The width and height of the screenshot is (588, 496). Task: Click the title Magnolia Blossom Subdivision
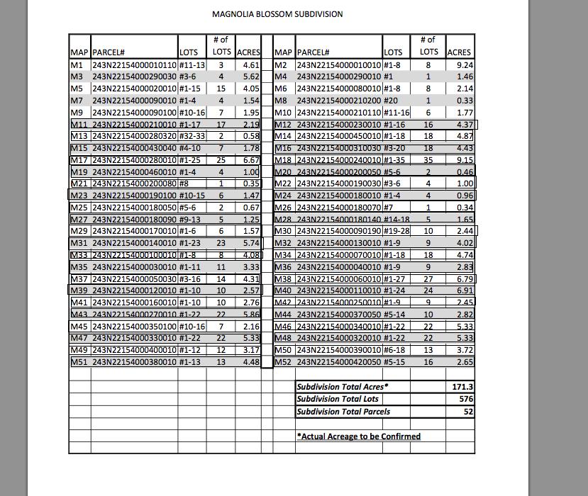[x=277, y=13]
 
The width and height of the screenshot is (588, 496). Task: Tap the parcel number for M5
[x=134, y=89]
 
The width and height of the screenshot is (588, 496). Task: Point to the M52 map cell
[x=283, y=362]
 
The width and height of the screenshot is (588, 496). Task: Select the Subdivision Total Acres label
[x=342, y=387]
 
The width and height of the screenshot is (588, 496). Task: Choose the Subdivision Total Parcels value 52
[x=468, y=411]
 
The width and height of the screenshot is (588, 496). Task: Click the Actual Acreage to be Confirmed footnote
[x=358, y=436]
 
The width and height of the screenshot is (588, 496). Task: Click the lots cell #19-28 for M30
[x=396, y=231]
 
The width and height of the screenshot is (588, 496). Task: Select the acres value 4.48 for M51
[x=251, y=362]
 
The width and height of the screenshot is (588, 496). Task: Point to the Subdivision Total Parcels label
[x=343, y=411]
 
